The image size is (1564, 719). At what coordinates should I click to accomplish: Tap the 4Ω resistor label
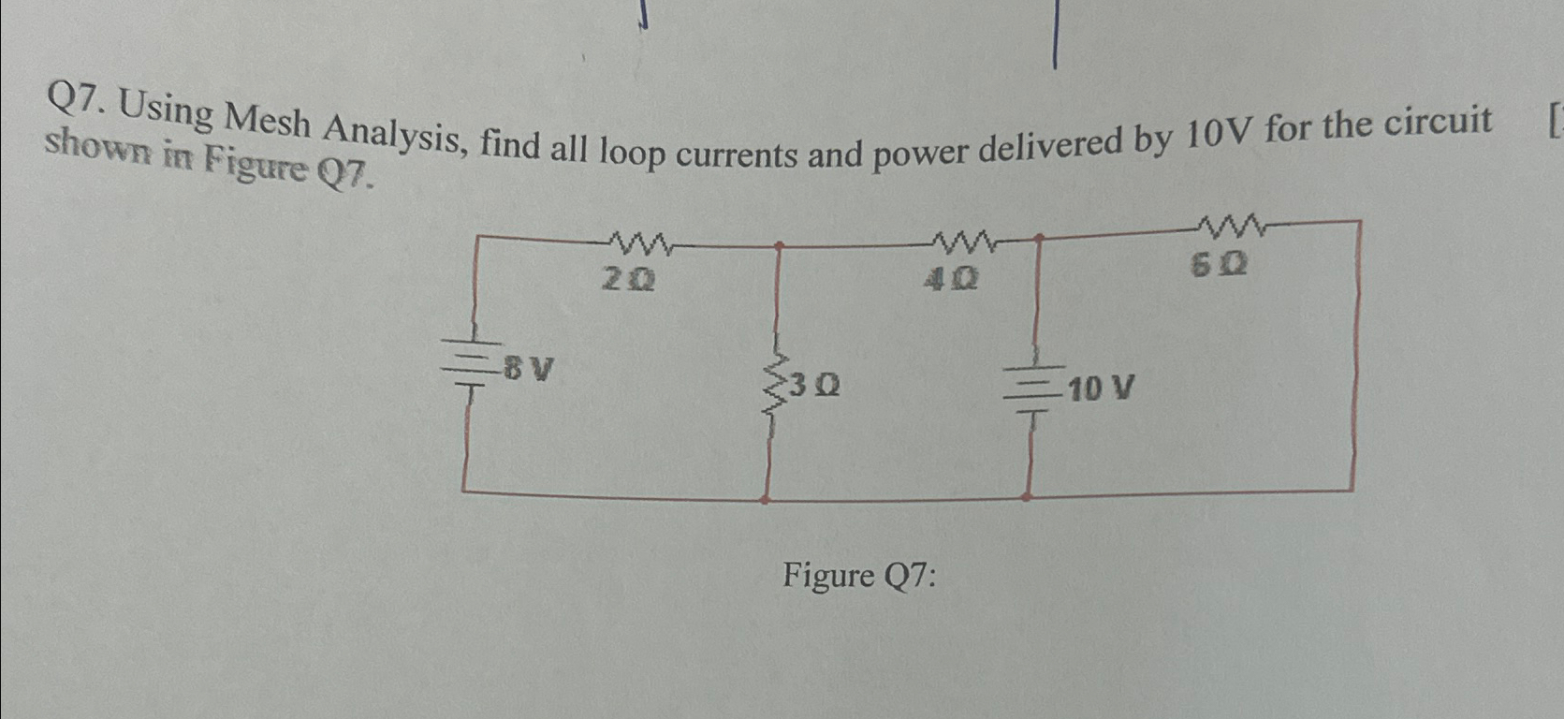point(950,278)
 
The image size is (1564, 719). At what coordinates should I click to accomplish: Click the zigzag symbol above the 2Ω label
point(640,245)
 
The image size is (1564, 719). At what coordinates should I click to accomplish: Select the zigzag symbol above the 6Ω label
point(1230,225)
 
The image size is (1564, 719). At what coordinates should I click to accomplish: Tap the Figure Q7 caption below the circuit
point(859,575)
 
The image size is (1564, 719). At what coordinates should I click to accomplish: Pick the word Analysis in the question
point(393,136)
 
